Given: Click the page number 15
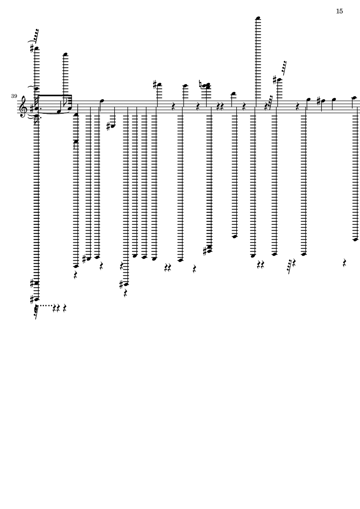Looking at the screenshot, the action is tap(339, 11).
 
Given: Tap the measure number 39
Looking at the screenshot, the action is tap(14, 96).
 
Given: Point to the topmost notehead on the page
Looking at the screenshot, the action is tap(258, 18).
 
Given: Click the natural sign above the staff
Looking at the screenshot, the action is tap(201, 84).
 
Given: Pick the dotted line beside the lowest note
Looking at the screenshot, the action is tap(45, 305).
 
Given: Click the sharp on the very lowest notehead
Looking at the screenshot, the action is tap(32, 299).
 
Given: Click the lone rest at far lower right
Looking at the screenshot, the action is tap(344, 263).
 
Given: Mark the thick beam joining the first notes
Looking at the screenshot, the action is tap(55, 96).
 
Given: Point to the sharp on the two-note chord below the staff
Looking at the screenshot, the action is tap(205, 251).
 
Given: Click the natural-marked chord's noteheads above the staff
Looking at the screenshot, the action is tap(207, 86).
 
